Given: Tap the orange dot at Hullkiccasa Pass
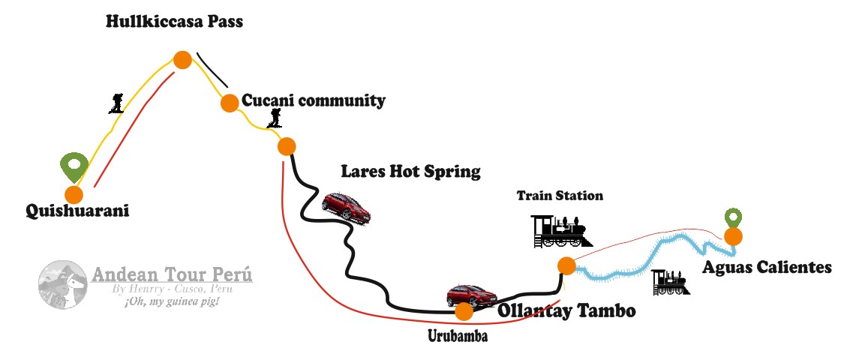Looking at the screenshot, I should click(182, 60).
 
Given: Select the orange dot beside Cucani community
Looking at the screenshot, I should click(230, 103).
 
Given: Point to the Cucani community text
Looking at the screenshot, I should click(313, 100).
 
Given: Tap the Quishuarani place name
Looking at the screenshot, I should click(77, 211).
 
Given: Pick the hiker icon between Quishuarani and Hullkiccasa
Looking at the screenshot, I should click(116, 103).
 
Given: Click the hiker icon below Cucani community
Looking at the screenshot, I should click(276, 117).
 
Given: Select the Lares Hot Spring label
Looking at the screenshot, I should click(410, 171).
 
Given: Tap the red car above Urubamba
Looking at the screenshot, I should click(470, 296).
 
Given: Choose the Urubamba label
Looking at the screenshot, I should click(458, 336).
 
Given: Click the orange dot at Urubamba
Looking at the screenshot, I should click(464, 311).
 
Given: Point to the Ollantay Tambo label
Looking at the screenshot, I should click(566, 310).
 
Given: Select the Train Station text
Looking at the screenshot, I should click(560, 196).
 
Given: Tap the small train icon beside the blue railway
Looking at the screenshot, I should click(669, 282).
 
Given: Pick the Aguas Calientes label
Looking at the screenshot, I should click(767, 267).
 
